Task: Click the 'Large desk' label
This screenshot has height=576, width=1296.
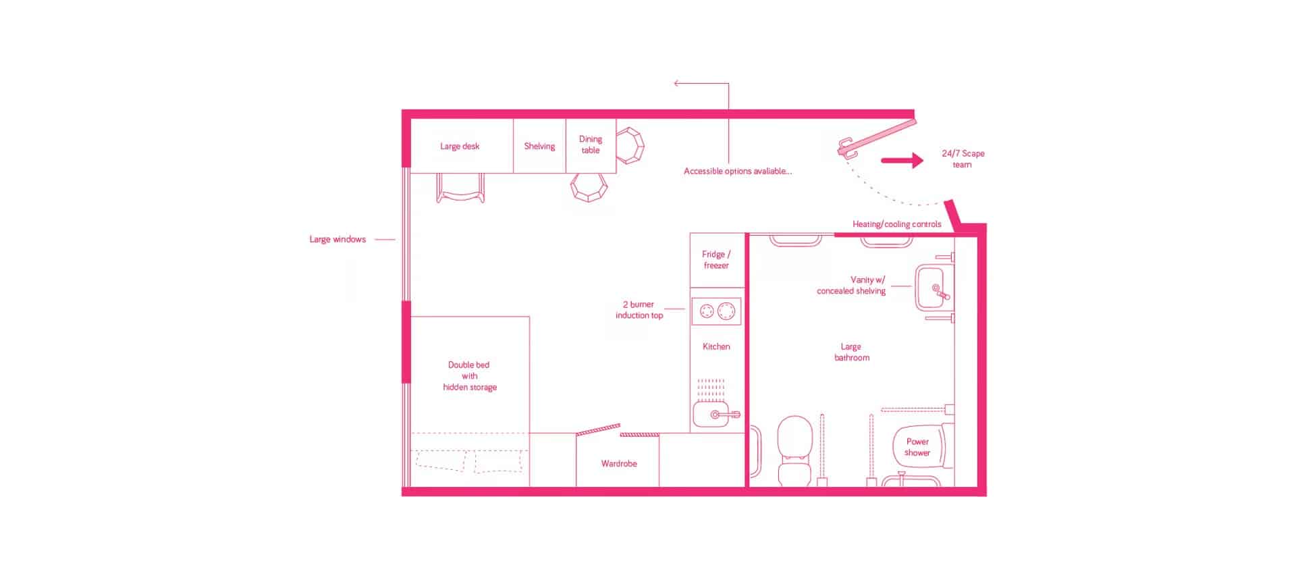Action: click(460, 146)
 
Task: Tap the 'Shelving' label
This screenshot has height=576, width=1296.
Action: click(539, 146)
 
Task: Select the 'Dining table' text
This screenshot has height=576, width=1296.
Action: click(591, 145)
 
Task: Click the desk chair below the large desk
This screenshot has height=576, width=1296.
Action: click(460, 188)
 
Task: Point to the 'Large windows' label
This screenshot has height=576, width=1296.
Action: click(337, 239)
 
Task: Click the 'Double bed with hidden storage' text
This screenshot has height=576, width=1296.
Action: click(470, 375)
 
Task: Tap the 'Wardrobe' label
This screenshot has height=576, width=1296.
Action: click(619, 463)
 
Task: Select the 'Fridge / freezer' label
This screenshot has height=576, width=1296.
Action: click(716, 259)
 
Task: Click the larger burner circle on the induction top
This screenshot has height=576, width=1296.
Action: click(726, 311)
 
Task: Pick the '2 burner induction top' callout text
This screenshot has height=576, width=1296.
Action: click(639, 309)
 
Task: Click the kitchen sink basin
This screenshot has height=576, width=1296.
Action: click(710, 414)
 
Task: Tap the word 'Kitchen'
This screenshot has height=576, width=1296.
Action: click(716, 346)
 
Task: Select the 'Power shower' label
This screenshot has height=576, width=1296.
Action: click(917, 447)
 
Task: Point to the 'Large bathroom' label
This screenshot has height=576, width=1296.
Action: click(851, 352)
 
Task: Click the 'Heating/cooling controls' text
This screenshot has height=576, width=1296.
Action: click(896, 224)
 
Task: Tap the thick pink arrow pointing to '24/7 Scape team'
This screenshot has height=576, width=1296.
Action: click(902, 161)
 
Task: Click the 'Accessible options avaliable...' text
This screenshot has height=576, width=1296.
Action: click(738, 171)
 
